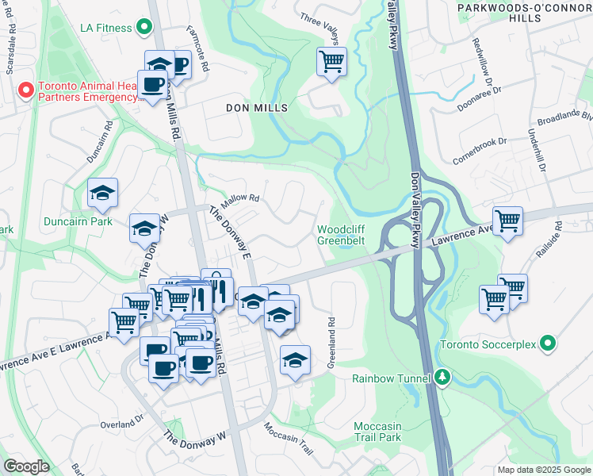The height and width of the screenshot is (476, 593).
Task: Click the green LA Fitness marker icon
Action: (x=143, y=28)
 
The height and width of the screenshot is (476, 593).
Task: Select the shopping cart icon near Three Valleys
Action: (x=331, y=61)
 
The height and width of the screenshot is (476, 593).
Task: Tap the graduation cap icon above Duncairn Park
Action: (x=102, y=193)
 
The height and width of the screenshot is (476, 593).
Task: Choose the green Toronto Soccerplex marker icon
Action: (x=546, y=344)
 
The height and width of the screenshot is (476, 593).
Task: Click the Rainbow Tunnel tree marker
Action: (x=442, y=378)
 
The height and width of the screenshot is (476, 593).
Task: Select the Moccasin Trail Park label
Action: (x=377, y=432)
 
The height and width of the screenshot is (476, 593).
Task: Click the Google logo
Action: (x=26, y=466)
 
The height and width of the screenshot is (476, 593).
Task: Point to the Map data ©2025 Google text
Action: (x=543, y=470)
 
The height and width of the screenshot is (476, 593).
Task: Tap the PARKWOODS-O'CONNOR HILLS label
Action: (x=522, y=12)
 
